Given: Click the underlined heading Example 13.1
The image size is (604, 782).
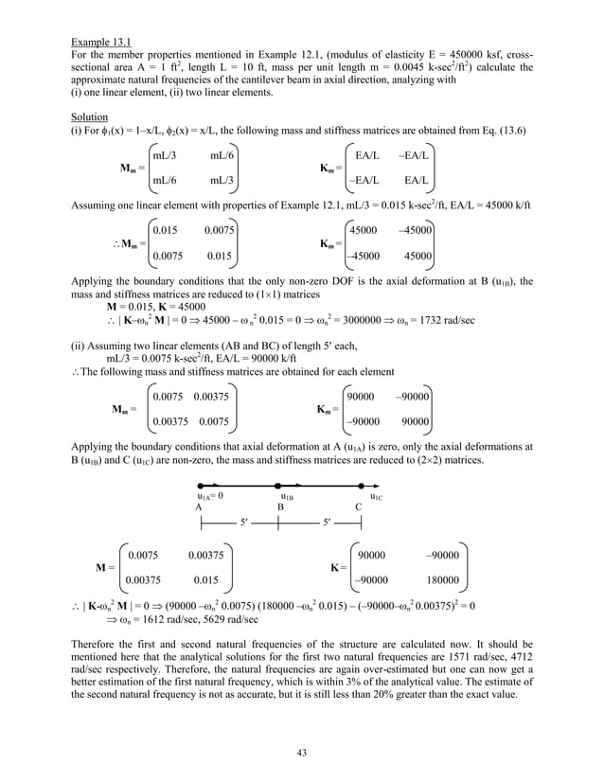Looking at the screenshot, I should click(102, 43).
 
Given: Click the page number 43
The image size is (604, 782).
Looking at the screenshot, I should click(301, 752).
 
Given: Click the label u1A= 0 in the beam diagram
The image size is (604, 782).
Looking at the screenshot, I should click(209, 495).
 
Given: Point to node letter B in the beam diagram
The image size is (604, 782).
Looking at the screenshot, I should click(280, 507).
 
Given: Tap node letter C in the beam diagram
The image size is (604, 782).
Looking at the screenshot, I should click(358, 507).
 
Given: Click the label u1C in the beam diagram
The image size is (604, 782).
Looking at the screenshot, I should click(376, 495).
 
